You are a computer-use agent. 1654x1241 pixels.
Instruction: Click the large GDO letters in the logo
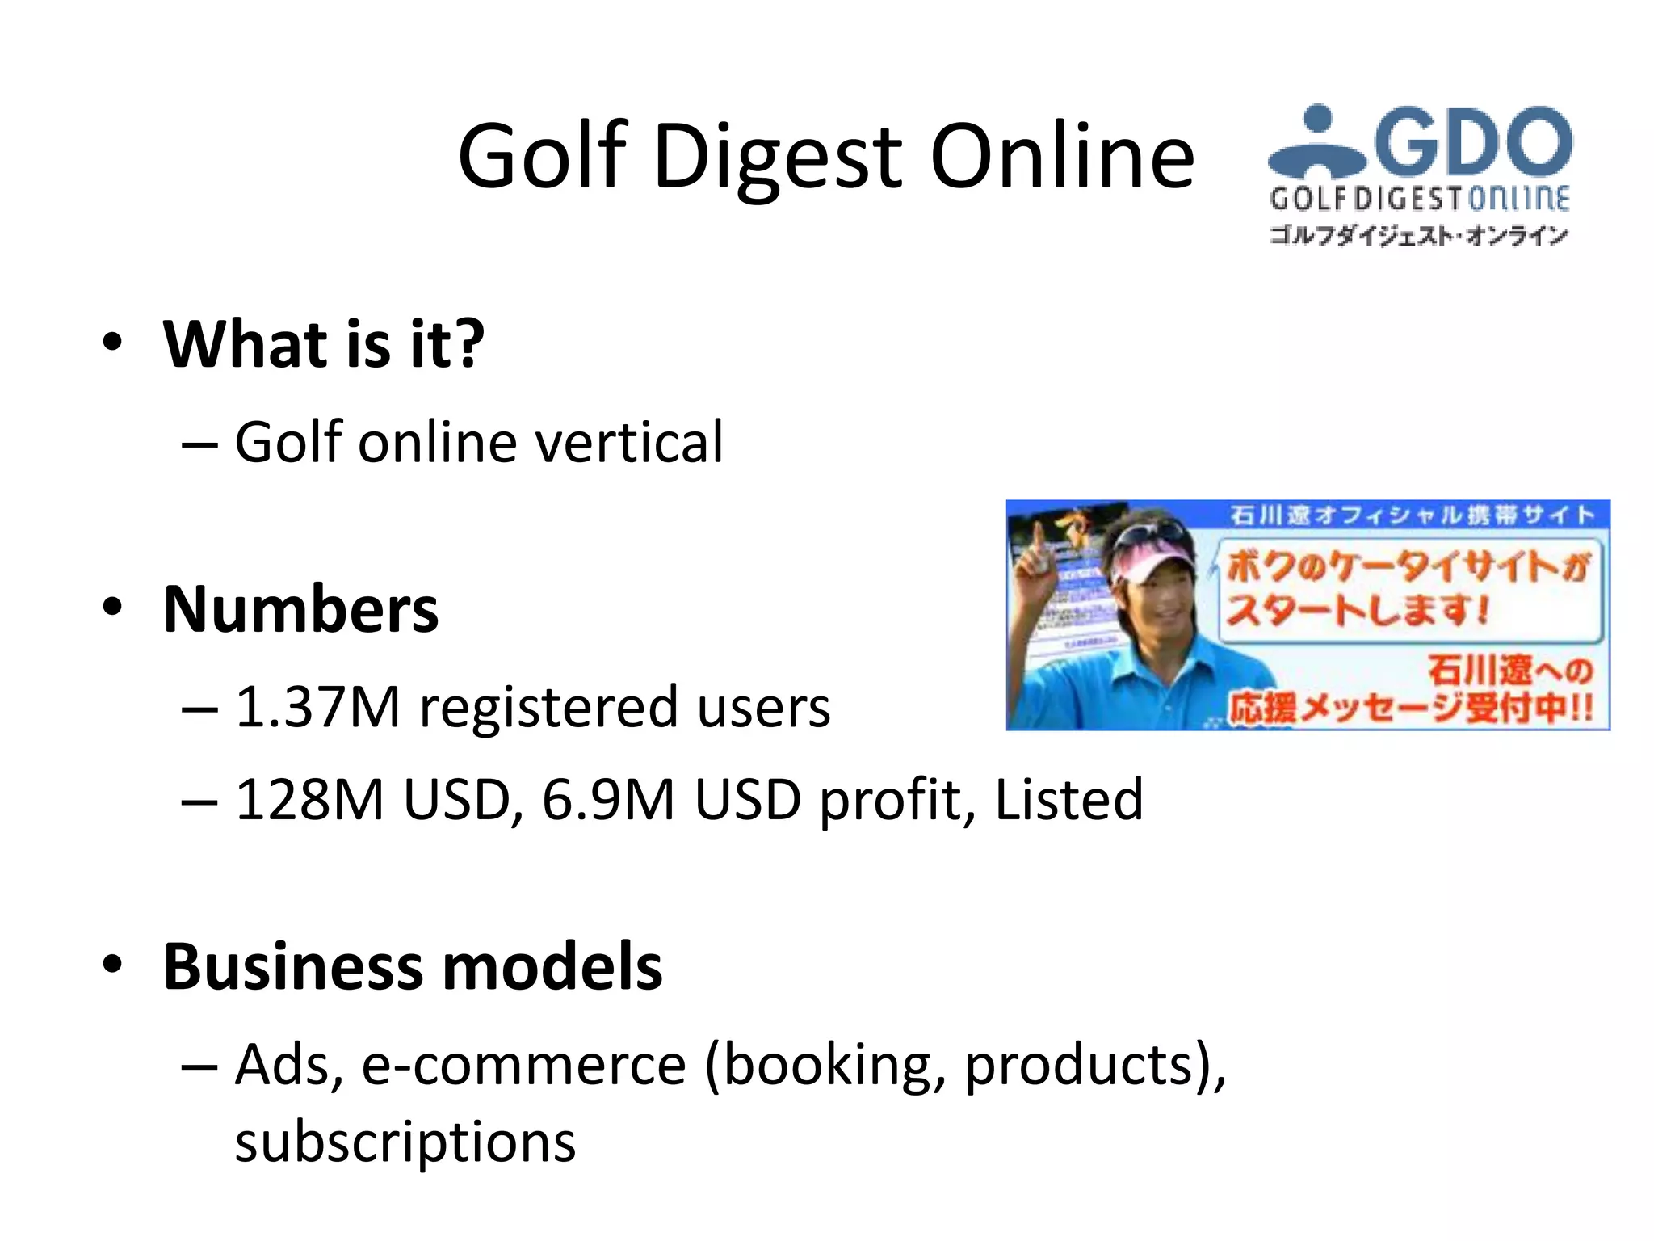pos(1473,141)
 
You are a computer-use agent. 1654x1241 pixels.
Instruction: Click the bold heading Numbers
pos(300,609)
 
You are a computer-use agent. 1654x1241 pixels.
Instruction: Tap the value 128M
pos(309,800)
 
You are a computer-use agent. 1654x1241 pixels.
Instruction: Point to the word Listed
pos(1068,800)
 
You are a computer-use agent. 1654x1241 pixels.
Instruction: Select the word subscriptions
pos(405,1142)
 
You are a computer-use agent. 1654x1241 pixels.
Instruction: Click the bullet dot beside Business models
pos(112,964)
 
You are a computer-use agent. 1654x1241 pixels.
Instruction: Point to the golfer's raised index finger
pos(1036,533)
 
